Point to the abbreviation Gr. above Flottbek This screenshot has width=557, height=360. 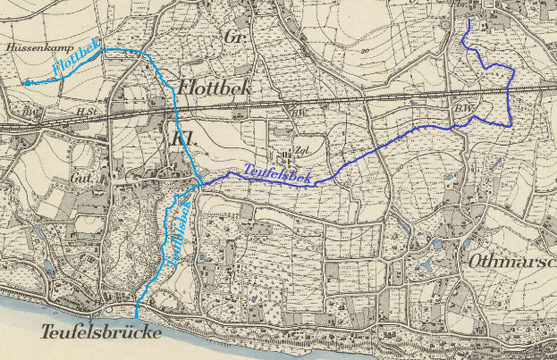point(236,38)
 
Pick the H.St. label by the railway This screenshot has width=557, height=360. point(87,111)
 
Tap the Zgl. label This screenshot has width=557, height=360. point(301,150)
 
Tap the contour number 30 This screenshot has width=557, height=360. point(366,51)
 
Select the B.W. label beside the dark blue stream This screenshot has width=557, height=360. point(462,109)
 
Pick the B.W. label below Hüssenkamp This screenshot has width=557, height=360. point(32,112)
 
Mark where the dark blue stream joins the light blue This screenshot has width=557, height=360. point(203,183)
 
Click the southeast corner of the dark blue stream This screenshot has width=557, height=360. point(510,126)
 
